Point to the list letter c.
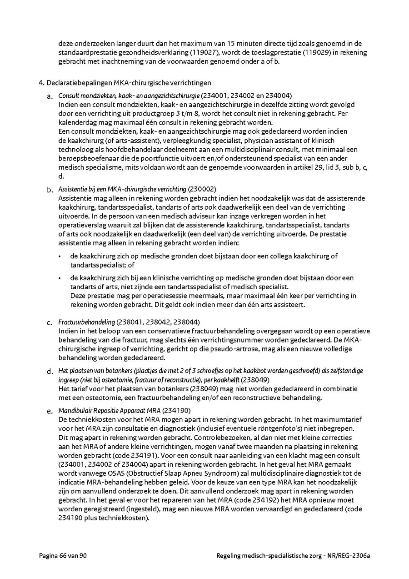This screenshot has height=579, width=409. [50, 323]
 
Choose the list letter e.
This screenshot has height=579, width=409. [50, 412]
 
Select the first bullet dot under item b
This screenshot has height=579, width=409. [60, 256]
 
